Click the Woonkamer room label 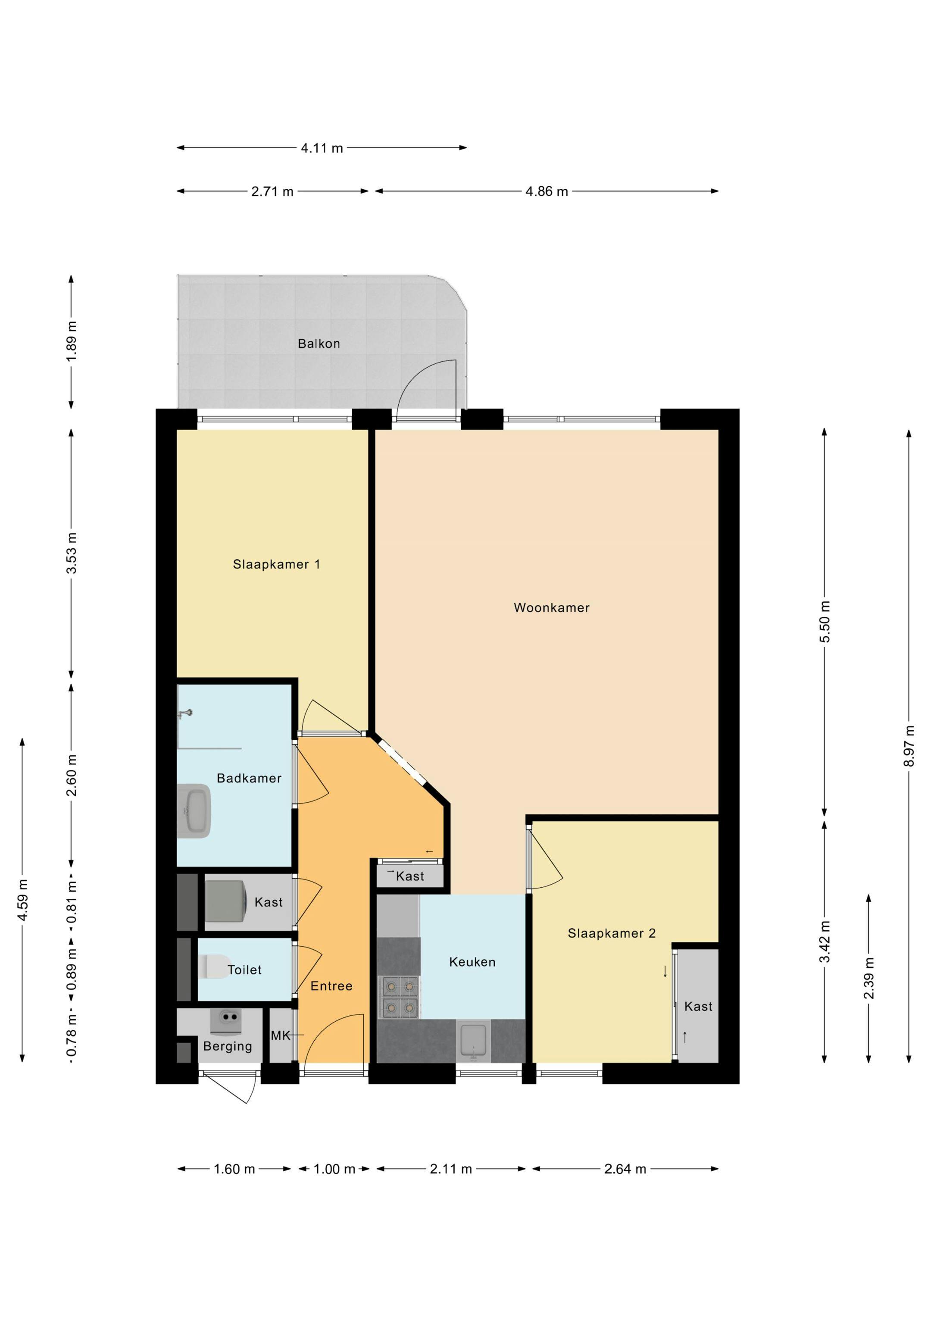click(x=551, y=607)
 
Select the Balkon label click(x=319, y=344)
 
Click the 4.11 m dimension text click(x=322, y=148)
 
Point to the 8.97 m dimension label click(x=909, y=746)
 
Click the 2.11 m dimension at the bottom click(x=451, y=1169)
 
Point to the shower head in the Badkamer click(x=185, y=714)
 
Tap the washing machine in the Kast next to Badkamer click(x=225, y=902)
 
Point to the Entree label click(x=331, y=986)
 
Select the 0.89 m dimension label click(x=71, y=969)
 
